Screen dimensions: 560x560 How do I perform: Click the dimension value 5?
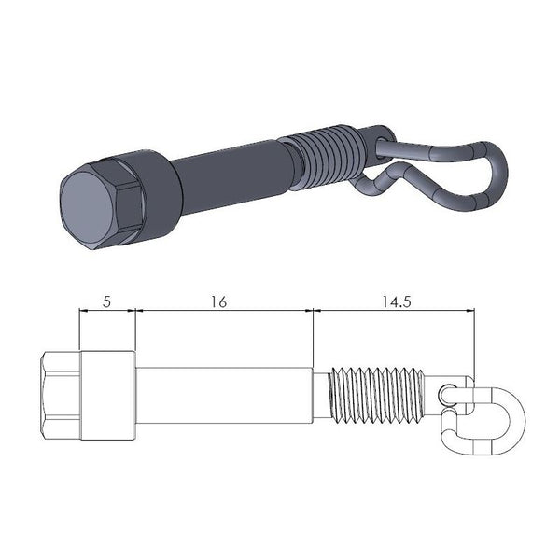106,302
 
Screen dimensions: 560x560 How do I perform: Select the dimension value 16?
219,302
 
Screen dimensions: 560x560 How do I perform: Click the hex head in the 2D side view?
62,396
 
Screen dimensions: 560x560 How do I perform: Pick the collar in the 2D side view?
108,396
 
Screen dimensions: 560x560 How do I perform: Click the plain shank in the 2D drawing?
224,396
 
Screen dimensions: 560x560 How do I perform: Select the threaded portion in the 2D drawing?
378,396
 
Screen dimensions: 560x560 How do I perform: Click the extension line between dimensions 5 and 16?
136,336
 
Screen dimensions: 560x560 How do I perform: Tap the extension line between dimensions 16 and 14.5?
313,336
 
